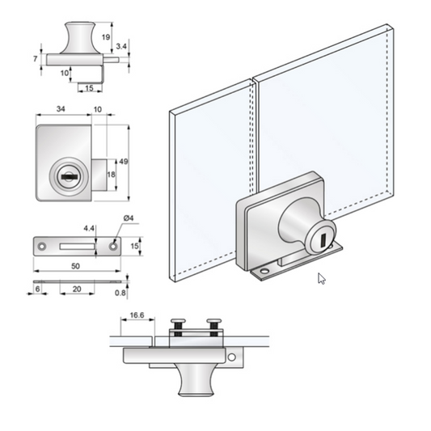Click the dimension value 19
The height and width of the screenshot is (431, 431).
click(106, 37)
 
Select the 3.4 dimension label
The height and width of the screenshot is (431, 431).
click(120, 47)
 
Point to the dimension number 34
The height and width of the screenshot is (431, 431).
click(61, 108)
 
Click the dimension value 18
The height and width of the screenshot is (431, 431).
click(111, 174)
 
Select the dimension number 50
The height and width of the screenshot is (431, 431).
click(74, 265)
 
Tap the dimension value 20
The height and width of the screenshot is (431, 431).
click(75, 289)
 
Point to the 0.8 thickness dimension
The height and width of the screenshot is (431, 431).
click(120, 294)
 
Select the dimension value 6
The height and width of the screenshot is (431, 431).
click(37, 289)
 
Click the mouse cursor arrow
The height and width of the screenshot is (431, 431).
click(322, 279)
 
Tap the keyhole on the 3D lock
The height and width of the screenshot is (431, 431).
click(322, 240)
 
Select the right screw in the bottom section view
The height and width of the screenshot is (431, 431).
click(214, 324)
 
